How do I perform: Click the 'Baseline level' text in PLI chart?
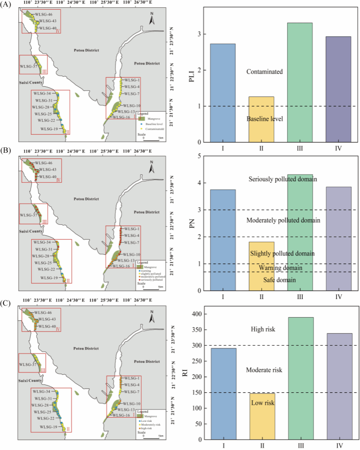pos(264,119)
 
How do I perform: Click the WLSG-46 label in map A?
pos(46,14)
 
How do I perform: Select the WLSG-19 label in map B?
pos(49,278)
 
